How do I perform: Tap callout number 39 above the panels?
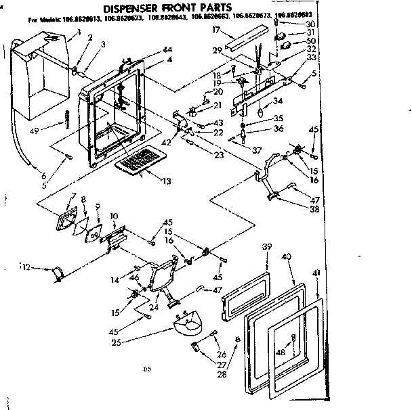(x=267, y=248)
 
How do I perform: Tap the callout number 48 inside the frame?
(x=280, y=352)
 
